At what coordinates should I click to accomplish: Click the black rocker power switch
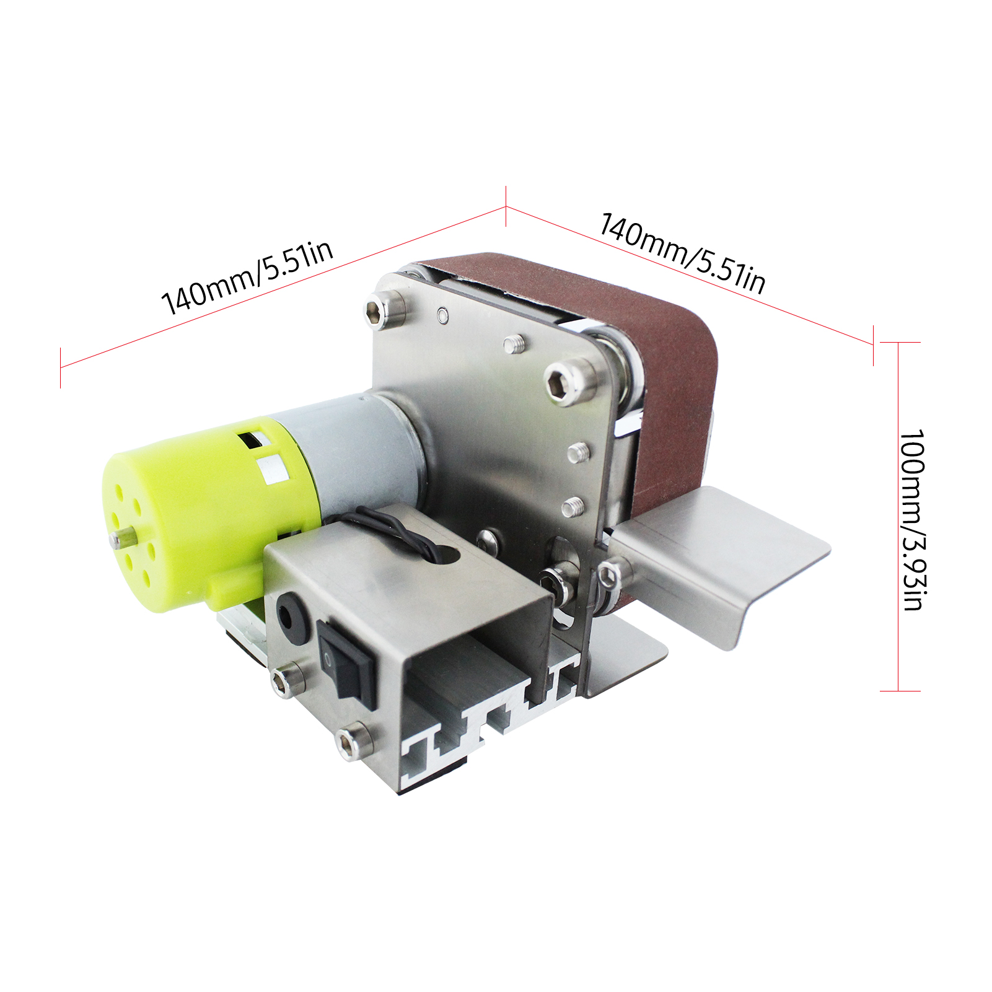pyautogui.click(x=345, y=664)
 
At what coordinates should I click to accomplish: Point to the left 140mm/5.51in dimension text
pyautogui.click(x=247, y=277)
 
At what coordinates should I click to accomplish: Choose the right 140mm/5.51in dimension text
pyautogui.click(x=682, y=252)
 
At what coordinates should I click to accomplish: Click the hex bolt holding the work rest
pyautogui.click(x=608, y=576)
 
